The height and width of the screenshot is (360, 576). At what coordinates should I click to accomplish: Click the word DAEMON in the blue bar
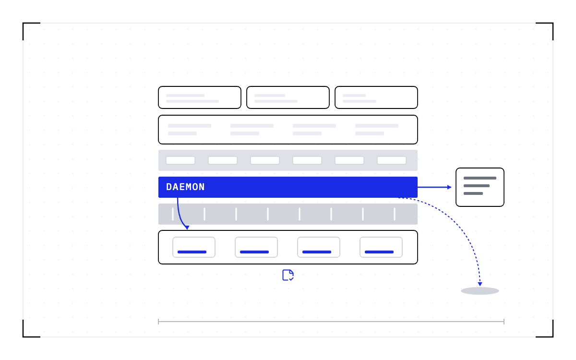pyautogui.click(x=185, y=187)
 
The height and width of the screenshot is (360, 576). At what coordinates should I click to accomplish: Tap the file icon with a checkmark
pyautogui.click(x=288, y=275)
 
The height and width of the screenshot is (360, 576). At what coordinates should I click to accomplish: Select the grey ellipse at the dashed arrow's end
pyautogui.click(x=480, y=291)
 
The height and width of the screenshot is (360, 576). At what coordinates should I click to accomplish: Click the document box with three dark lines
pyautogui.click(x=480, y=187)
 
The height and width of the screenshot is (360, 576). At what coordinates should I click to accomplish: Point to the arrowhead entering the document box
pyautogui.click(x=449, y=187)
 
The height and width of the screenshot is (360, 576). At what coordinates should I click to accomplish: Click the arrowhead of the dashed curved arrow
pyautogui.click(x=480, y=284)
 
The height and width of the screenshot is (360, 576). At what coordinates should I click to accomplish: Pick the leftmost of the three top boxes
pyautogui.click(x=200, y=97)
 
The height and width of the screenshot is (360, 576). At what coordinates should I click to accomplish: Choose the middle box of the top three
pyautogui.click(x=288, y=97)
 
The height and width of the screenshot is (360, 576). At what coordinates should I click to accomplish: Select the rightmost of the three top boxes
pyautogui.click(x=376, y=97)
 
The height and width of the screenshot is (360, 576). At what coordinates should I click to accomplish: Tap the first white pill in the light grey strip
pyautogui.click(x=180, y=160)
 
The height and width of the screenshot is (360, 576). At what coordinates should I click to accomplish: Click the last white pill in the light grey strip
pyautogui.click(x=392, y=160)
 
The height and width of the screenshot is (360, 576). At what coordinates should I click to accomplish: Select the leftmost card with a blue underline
pyautogui.click(x=194, y=247)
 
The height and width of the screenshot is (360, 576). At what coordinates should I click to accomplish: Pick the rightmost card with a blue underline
pyautogui.click(x=381, y=247)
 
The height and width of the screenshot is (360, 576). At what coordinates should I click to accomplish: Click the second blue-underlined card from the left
pyautogui.click(x=256, y=247)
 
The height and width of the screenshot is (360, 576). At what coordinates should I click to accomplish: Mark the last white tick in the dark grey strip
pyautogui.click(x=395, y=214)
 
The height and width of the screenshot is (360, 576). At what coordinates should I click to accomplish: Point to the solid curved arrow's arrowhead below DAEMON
pyautogui.click(x=187, y=228)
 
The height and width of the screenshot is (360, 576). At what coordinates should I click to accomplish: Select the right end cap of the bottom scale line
pyautogui.click(x=504, y=322)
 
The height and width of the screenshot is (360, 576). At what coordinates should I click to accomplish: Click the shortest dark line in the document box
pyautogui.click(x=473, y=193)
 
